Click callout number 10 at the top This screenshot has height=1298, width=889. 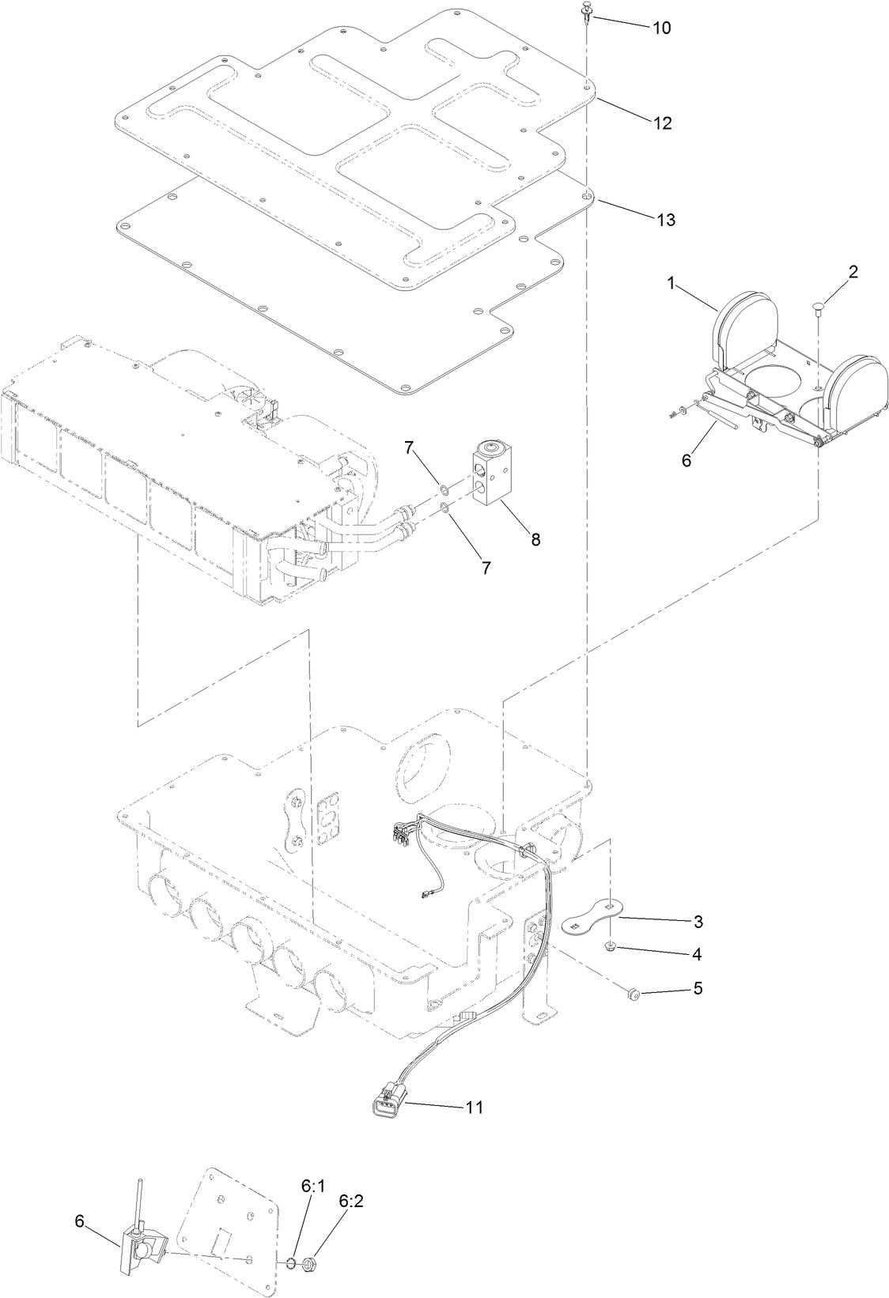pos(661,28)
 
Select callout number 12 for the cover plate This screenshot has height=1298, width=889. pos(661,123)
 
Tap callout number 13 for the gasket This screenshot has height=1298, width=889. pos(666,220)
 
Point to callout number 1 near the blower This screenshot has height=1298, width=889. pos(671,283)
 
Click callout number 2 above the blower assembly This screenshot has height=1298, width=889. pos(853,272)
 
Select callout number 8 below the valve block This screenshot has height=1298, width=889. pos(535,539)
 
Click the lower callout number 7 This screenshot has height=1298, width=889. pos(486,567)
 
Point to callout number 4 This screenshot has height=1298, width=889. pos(696,954)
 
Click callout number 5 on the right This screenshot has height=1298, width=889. pos(696,988)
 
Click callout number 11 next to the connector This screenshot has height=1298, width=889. pos(473,1107)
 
